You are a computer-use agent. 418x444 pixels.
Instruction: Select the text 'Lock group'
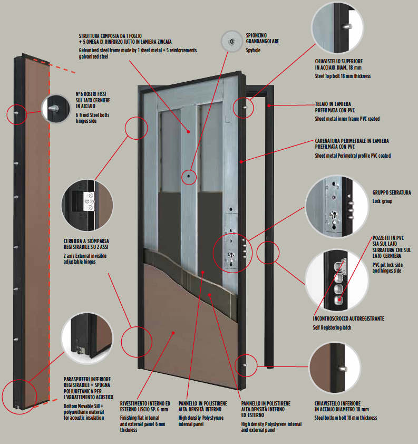(383, 201)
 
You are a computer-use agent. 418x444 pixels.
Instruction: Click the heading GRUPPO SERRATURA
(392, 192)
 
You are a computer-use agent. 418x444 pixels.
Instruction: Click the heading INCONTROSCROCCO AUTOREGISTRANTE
(348, 318)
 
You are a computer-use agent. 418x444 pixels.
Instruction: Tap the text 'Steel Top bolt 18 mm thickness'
(343, 76)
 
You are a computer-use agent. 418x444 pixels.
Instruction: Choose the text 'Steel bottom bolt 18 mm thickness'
(345, 417)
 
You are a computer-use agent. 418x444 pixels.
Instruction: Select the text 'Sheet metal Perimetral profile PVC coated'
(353, 156)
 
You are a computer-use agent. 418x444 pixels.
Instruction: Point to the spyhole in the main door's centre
(188, 177)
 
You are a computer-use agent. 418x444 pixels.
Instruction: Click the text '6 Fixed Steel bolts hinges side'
(92, 117)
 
